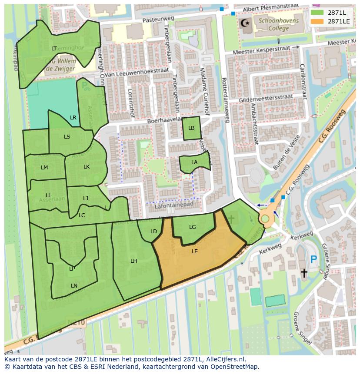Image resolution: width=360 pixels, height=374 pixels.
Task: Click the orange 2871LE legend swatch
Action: (x=317, y=21)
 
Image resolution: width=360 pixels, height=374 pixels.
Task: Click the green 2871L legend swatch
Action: (x=317, y=13)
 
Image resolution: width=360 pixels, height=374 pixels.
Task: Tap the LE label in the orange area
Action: (x=195, y=251)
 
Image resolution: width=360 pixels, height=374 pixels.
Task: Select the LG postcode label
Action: (x=193, y=227)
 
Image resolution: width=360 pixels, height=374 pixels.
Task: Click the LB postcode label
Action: (x=191, y=128)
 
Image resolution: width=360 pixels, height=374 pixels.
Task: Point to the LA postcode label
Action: (x=194, y=162)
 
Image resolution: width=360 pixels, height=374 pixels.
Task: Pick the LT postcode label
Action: (x=54, y=49)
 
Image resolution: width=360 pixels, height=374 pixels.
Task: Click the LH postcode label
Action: (x=134, y=261)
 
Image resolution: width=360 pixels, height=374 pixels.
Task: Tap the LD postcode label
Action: (x=153, y=232)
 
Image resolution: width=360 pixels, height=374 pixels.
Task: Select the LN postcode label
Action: (x=74, y=285)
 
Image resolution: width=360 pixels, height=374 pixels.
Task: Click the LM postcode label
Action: (x=44, y=168)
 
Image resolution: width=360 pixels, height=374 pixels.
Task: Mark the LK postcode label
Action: (x=87, y=167)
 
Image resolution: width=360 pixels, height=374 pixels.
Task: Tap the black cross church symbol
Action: (x=304, y=273)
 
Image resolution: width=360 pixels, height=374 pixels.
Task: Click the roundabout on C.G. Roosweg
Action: (x=265, y=218)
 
